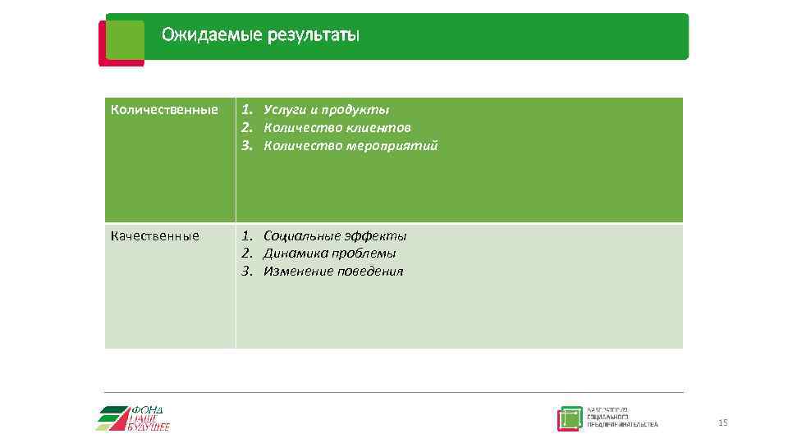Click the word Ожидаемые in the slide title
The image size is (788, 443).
[x=211, y=34]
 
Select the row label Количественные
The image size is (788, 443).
[x=164, y=110]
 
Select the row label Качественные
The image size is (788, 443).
[x=155, y=236]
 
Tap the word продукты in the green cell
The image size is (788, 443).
[x=355, y=110]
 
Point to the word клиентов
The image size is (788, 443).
[x=378, y=128]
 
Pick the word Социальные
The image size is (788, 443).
[x=302, y=236]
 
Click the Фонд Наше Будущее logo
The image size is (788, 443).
[x=135, y=418]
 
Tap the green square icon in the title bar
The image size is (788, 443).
[x=125, y=39]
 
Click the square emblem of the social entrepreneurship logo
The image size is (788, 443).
[x=570, y=418]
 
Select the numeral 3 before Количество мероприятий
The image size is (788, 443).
[x=245, y=146]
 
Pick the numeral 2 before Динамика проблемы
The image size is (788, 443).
[x=245, y=253]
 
